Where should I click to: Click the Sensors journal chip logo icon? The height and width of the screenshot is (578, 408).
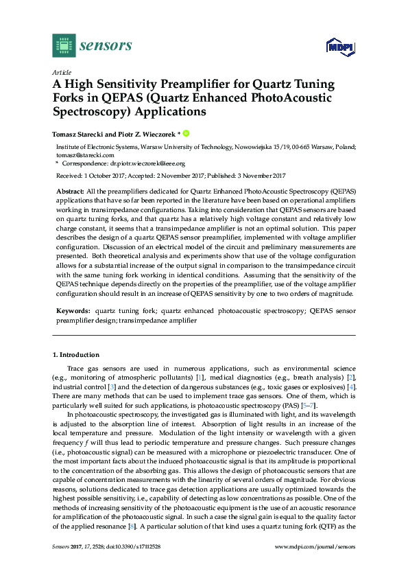pyautogui.click(x=64, y=45)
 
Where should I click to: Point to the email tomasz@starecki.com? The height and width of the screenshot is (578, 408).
pyautogui.click(x=80, y=156)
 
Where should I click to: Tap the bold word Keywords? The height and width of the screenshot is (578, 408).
pyautogui.click(x=72, y=311)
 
